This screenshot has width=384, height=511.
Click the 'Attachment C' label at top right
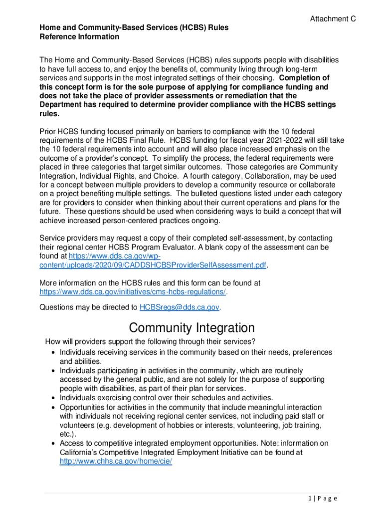click(x=333, y=19)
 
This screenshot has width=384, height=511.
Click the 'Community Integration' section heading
click(x=192, y=328)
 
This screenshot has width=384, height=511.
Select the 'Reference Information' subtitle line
click(x=79, y=36)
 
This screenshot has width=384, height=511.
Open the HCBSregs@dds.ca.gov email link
click(x=179, y=307)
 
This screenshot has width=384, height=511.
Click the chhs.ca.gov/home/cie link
click(x=116, y=462)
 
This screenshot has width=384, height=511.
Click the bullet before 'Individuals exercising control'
click(x=53, y=398)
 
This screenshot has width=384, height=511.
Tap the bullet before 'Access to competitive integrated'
click(x=53, y=444)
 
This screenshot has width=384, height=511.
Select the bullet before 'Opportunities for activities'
click(x=53, y=408)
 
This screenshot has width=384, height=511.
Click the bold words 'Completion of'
click(x=304, y=78)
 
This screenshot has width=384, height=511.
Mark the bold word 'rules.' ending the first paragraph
click(x=49, y=114)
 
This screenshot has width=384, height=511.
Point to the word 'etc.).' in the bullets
click(x=69, y=434)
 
